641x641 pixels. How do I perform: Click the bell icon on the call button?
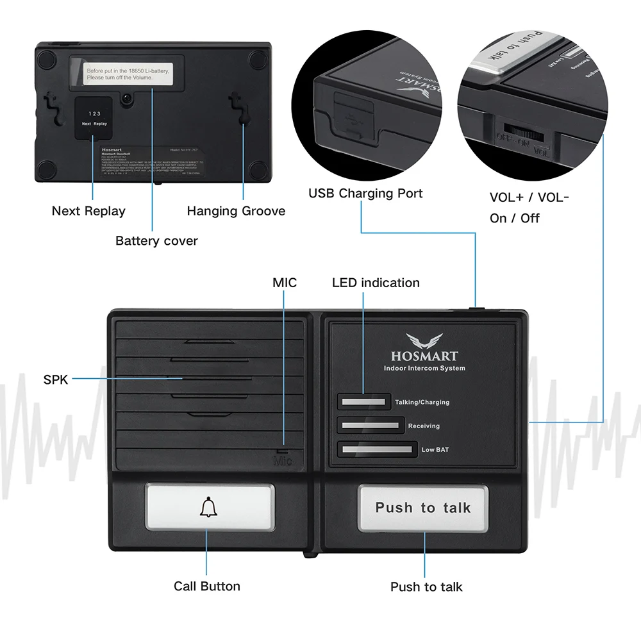coord(208,508)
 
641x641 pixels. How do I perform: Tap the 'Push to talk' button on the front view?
coord(423,508)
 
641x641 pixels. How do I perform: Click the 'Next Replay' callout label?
coord(88,211)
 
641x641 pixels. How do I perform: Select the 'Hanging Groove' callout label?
coord(236,211)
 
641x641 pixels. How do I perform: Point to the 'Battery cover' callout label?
coord(156,241)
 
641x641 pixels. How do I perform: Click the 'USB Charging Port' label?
coord(365,193)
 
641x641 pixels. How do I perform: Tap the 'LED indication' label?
coord(376,283)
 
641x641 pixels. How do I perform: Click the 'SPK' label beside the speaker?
coord(55,379)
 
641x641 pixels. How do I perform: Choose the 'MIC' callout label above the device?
coord(285,283)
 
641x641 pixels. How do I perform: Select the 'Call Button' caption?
coord(207,586)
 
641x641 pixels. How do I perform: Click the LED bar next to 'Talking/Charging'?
coord(364,402)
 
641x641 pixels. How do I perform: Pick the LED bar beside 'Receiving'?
coord(370,426)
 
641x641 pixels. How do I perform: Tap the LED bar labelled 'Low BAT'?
coord(377,449)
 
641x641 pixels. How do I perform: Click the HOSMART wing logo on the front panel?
coord(424,340)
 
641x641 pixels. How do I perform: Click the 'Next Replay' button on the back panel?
coord(94,117)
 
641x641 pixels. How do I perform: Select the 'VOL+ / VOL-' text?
coord(529,197)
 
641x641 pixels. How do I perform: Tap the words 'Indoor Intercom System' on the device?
coord(424,369)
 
